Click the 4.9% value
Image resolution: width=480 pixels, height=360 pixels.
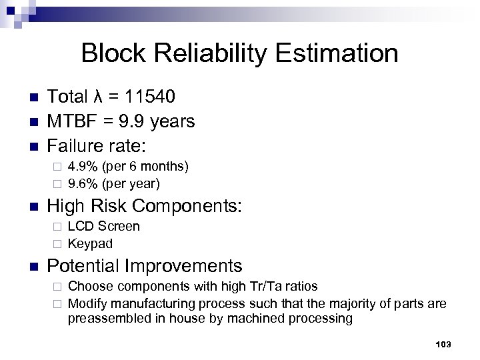pyautogui.click(x=81, y=165)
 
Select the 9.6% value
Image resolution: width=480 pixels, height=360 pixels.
pyautogui.click(x=81, y=182)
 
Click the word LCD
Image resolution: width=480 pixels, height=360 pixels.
pyautogui.click(x=82, y=227)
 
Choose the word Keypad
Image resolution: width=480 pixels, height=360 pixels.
pyautogui.click(x=91, y=243)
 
